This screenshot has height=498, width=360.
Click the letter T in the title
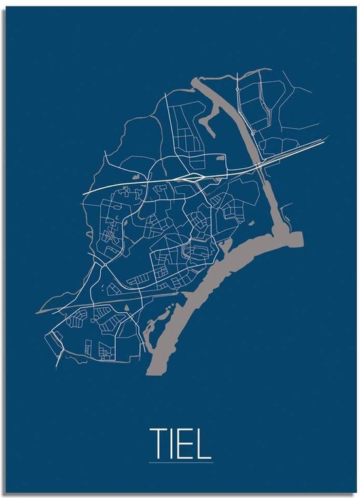click(x=159, y=443)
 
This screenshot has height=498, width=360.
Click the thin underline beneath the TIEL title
click(x=181, y=463)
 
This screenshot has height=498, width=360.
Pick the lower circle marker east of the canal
click(x=252, y=133)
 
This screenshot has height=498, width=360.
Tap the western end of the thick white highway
click(x=84, y=194)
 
